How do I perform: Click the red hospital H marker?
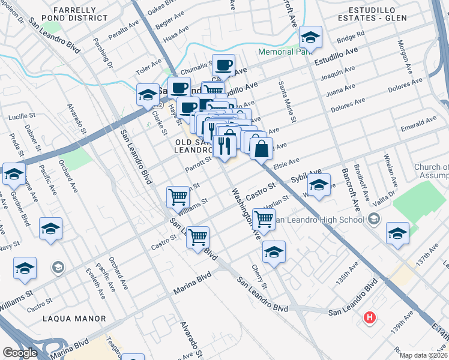pos(370,317)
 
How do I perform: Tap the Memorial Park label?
pos(286,52)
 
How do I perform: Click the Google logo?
pos(20,353)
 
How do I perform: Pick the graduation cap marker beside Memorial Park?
pos(310,38)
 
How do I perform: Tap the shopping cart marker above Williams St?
pos(178,197)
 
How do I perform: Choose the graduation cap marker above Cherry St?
pos(274,252)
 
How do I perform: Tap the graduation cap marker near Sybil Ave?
pos(319,185)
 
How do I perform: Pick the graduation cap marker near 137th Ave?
pos(397,233)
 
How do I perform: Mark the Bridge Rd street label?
pos(351,38)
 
